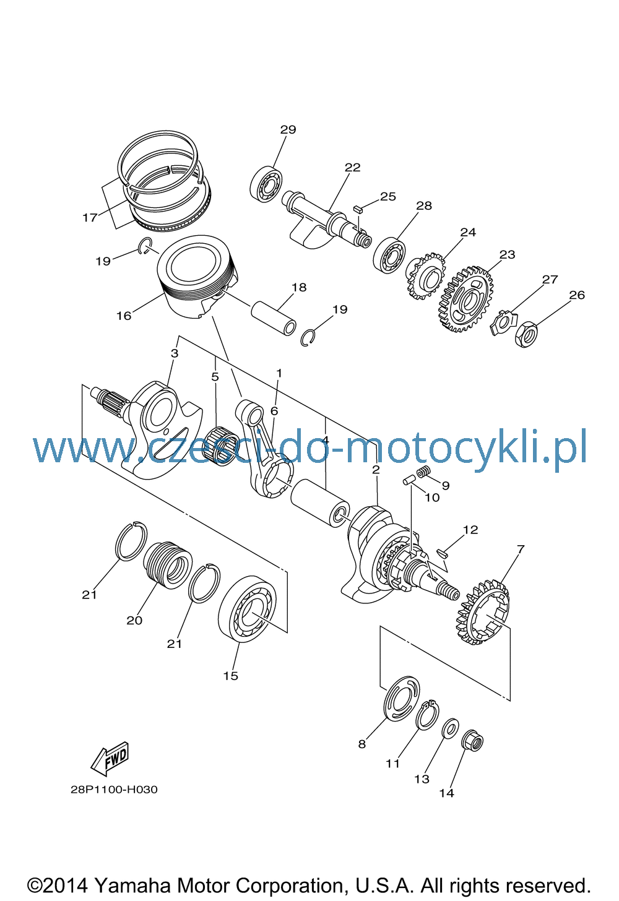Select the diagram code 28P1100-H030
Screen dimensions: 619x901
click(115, 790)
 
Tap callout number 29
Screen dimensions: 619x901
click(288, 129)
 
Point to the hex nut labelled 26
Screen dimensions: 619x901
click(526, 334)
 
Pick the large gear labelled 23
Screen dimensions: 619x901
click(467, 299)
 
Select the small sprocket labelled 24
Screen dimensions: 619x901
click(425, 275)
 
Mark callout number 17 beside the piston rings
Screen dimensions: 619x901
click(90, 218)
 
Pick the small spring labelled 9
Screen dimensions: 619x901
click(423, 472)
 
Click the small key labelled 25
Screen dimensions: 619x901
click(358, 209)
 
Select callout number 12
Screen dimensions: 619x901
click(470, 530)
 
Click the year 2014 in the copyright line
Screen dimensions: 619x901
click(65, 886)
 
